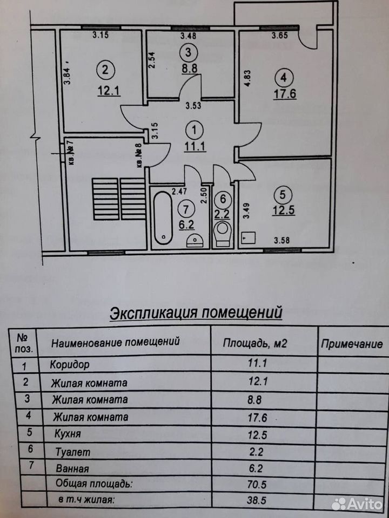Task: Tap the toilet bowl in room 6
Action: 222,233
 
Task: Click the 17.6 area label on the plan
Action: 285,94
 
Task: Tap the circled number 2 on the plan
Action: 105,70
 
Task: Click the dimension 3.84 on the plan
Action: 67,74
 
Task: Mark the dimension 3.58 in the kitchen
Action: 281,240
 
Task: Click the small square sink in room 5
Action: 249,238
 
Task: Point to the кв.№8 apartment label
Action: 139,154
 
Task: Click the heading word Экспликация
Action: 153,313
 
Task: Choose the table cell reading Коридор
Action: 70,364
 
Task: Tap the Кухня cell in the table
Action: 67,433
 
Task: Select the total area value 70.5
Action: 257,485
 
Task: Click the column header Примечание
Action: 352,344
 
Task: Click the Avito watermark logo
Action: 357,504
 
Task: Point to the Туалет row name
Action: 73,452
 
